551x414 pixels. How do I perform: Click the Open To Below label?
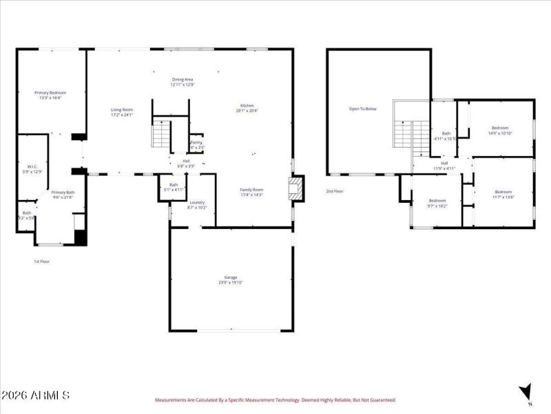tap(362, 109)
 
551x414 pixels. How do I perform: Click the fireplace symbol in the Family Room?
tap(295, 188)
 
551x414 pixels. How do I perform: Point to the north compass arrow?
tap(527, 391)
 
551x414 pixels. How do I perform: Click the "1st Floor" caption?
tap(41, 262)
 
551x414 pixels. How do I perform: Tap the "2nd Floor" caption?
tap(335, 191)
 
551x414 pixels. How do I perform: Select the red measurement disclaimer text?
tap(275, 400)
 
